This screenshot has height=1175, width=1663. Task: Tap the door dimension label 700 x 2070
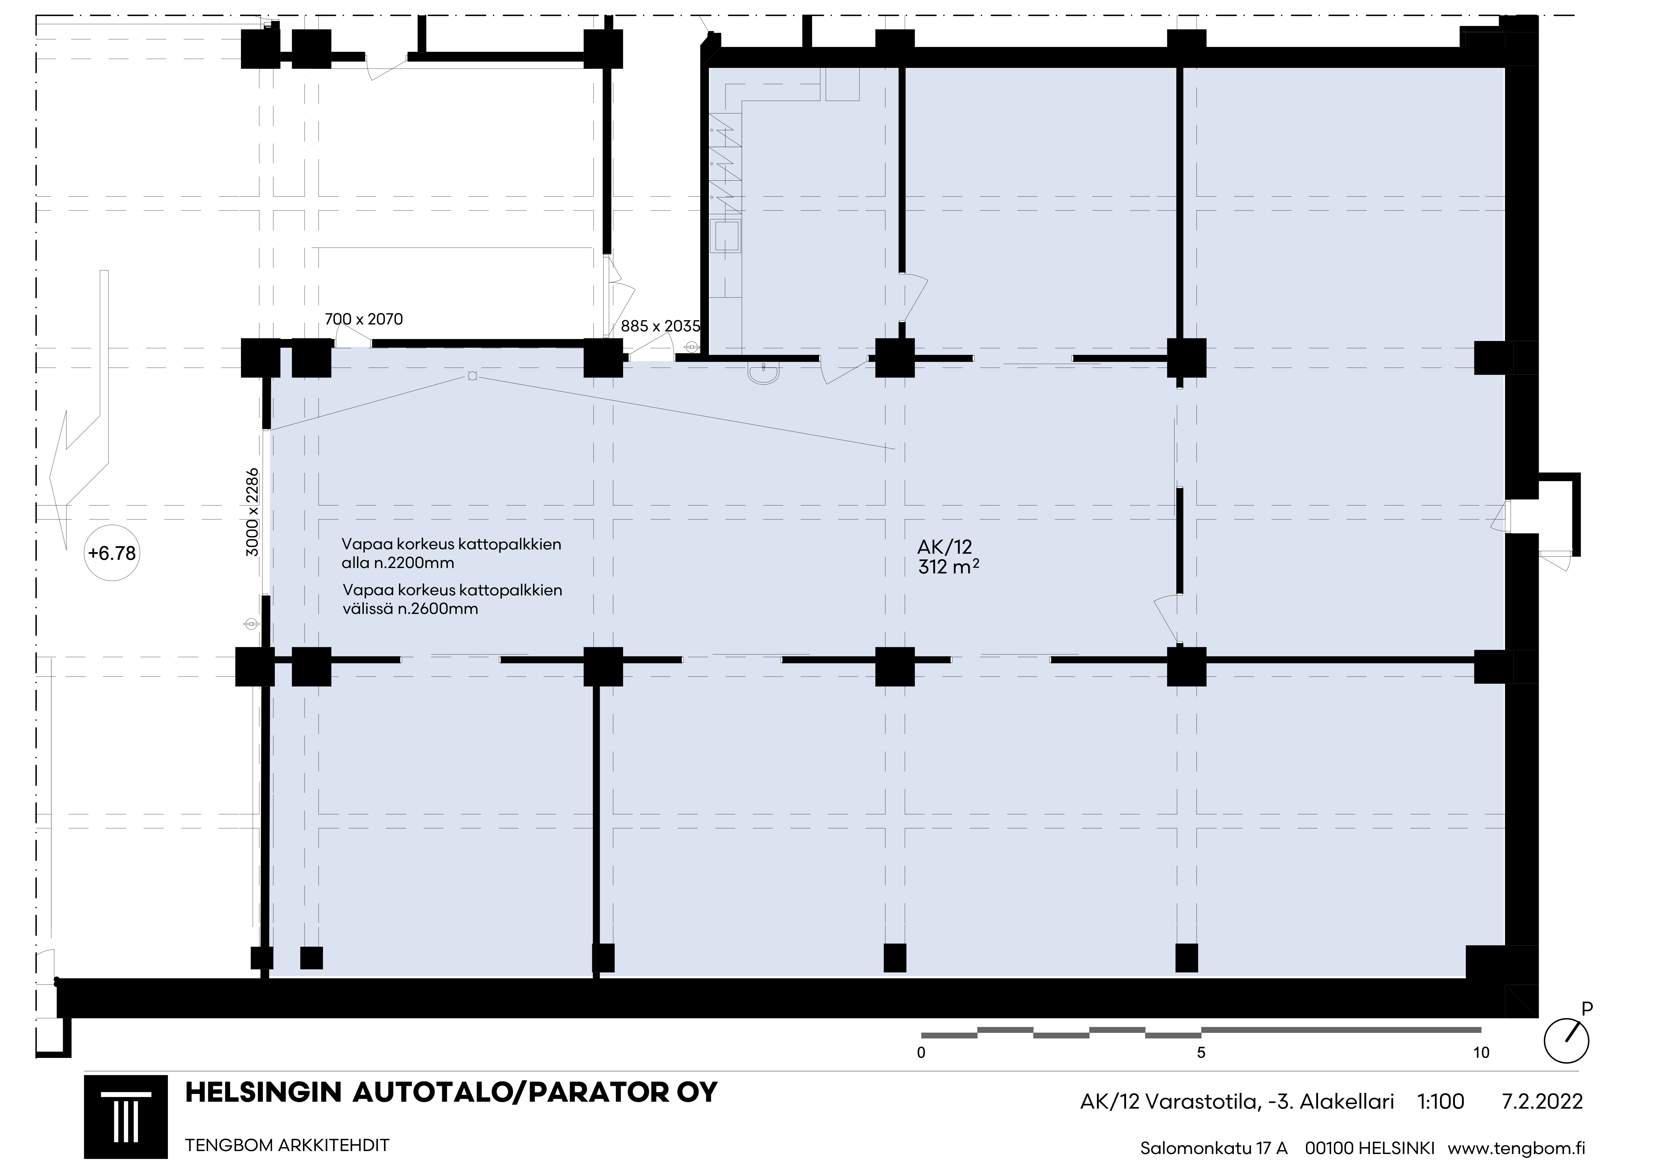pyautogui.click(x=364, y=319)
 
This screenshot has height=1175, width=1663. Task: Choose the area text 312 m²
pyautogui.click(x=949, y=567)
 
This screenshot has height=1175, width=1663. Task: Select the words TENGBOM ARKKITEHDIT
pyautogui.click(x=288, y=1145)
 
